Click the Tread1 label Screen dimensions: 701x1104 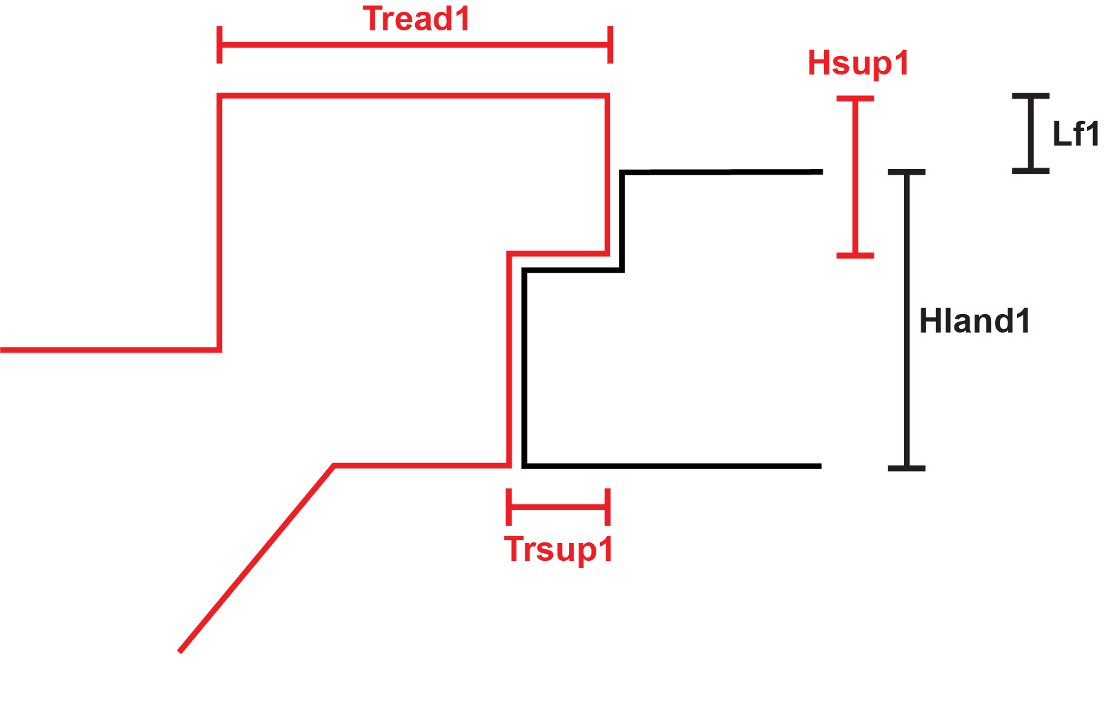416,19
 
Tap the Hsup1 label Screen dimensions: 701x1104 858,63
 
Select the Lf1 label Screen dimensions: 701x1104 1075,134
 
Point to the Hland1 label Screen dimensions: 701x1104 974,322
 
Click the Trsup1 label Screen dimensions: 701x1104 559,550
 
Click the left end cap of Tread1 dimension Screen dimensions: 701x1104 219,45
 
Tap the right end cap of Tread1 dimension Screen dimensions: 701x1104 610,45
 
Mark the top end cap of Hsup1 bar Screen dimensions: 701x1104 855,99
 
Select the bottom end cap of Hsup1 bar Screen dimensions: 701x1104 855,255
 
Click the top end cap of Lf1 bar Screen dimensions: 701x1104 1031,96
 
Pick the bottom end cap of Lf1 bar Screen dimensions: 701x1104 1031,170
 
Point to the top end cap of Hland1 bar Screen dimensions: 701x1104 907,172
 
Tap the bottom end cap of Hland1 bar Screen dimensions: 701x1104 907,468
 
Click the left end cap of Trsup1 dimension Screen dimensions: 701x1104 509,507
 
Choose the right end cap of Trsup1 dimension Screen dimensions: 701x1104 608,507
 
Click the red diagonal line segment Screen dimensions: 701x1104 257,559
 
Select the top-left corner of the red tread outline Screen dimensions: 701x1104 220,95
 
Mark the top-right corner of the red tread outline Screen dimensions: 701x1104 608,95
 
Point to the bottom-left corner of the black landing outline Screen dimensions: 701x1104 525,466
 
